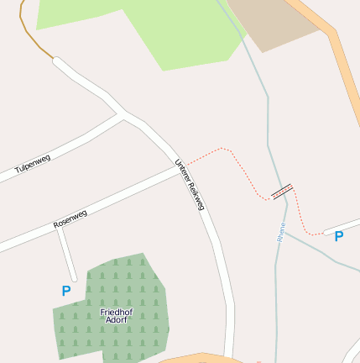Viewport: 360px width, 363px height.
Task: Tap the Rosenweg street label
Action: [70, 219]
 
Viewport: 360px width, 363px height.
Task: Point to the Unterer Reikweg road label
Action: [190, 184]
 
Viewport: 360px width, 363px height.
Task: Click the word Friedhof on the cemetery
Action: [117, 312]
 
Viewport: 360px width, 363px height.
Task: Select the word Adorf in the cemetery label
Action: [116, 320]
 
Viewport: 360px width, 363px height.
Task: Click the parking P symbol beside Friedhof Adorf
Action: [66, 291]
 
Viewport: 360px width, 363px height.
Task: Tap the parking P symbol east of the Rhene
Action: [339, 237]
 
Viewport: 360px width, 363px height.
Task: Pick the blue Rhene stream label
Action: [281, 232]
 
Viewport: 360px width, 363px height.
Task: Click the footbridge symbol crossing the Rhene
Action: [283, 192]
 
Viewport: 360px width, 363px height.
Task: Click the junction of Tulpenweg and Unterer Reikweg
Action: [124, 117]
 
